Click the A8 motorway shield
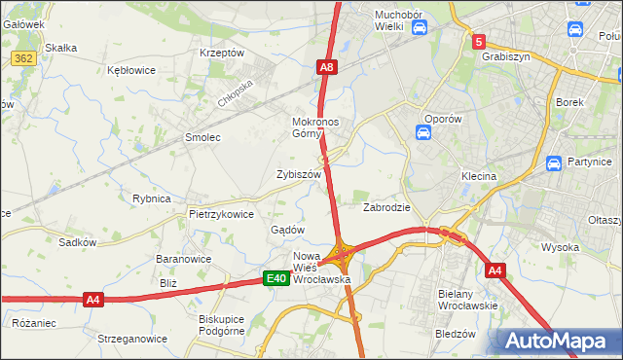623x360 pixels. pos(327,67)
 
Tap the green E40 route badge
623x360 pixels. pos(276,279)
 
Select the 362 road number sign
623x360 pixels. pos(24,59)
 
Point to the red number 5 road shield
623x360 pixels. pos(479,42)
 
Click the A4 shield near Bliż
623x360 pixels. pos(92,299)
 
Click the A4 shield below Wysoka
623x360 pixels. pos(495,270)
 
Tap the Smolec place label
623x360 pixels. pos(202,138)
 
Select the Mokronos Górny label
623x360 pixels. pos(313,128)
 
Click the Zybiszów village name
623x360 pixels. pos(299,174)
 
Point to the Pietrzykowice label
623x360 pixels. pos(221,214)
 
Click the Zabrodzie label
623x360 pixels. pos(386,207)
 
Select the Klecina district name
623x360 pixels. pos(479,177)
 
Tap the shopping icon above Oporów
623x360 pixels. pos(424,132)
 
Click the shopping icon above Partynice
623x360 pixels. pos(554,163)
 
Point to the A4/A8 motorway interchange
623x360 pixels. pos(342,256)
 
